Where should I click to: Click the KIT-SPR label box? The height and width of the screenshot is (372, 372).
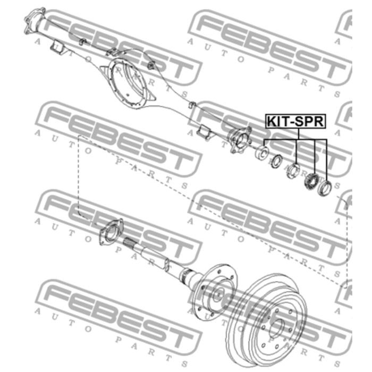tap(295, 121)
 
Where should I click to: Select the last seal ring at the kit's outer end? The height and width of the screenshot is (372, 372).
tap(325, 188)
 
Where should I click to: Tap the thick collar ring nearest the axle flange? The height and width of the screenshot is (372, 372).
tap(261, 152)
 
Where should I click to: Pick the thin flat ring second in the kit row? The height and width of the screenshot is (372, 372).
tap(277, 162)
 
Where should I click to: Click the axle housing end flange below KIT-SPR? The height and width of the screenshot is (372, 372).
tap(239, 140)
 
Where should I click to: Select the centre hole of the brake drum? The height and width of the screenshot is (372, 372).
tap(277, 328)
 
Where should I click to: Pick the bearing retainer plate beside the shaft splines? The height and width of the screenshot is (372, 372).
tap(112, 233)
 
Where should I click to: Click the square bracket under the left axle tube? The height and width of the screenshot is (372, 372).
tap(57, 47)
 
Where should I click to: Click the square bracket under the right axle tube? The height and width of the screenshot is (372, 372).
tap(205, 132)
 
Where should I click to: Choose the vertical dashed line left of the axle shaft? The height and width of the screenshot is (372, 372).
tap(79, 175)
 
